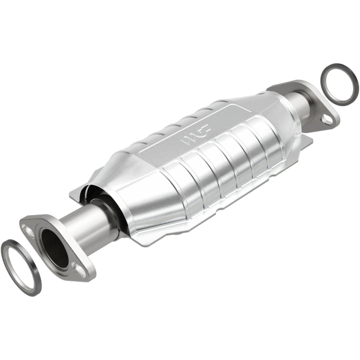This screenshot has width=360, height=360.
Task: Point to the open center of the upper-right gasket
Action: tap(339, 83)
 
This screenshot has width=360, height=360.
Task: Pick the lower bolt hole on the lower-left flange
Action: tap(80, 270)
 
